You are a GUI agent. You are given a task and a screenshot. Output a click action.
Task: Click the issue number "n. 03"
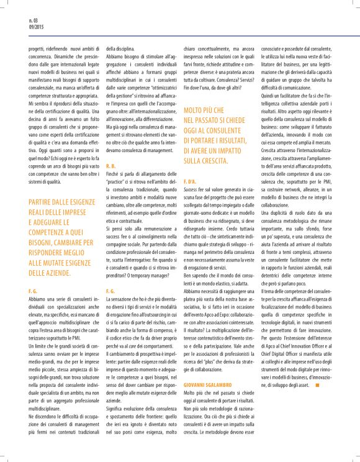pyautogui.click(x=34, y=21)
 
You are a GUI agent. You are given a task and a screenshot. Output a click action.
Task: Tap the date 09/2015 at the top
pyautogui.click(x=35, y=28)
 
